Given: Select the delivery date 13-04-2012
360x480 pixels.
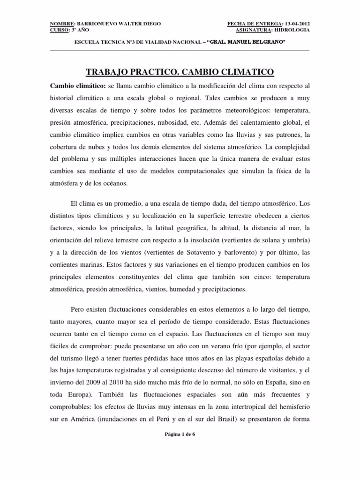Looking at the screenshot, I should pos(297,23).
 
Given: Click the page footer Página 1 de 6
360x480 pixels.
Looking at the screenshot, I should pos(180,435).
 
